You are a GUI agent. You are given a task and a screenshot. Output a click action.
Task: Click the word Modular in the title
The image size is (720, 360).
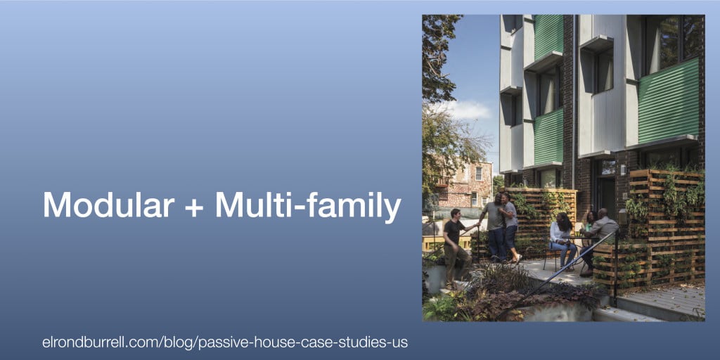pos(109,205)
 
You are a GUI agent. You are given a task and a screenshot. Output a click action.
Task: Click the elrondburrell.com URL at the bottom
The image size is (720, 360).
pos(225,342)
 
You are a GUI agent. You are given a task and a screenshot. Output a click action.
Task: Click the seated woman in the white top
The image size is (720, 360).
pos(562,240)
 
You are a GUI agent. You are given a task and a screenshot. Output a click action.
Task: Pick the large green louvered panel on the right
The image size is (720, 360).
pos(668,101)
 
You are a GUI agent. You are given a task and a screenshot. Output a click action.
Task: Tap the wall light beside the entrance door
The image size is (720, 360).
pos(624,169)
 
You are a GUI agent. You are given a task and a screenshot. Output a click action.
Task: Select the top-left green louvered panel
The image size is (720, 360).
pos(548,36)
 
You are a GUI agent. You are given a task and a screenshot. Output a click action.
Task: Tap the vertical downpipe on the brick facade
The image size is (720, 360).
pos(574,101)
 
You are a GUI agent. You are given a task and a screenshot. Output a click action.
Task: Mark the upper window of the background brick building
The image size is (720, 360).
pos(478,173)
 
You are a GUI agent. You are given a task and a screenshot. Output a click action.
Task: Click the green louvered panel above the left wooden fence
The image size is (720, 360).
pos(548,137)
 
